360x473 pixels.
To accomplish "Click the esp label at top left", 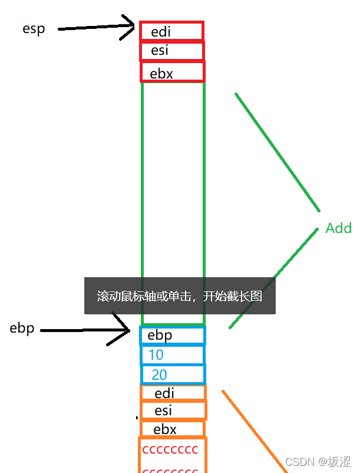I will pyautogui.click(x=34, y=29).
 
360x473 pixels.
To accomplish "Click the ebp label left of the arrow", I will pyautogui.click(x=23, y=329).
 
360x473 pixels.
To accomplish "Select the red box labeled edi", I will pyautogui.click(x=171, y=31).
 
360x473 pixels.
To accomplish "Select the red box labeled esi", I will pyautogui.click(x=171, y=51).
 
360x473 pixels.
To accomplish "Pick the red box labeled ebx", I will pyautogui.click(x=172, y=72).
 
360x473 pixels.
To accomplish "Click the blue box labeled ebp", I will pyautogui.click(x=172, y=336).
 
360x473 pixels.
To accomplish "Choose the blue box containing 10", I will pyautogui.click(x=172, y=355).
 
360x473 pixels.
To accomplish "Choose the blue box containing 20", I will pyautogui.click(x=173, y=375).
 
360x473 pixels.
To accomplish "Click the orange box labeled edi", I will pyautogui.click(x=173, y=393).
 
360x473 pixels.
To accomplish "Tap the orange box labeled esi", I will pyautogui.click(x=173, y=410).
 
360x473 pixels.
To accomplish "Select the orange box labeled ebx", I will pyautogui.click(x=173, y=429).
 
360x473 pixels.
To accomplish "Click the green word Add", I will pyautogui.click(x=338, y=228).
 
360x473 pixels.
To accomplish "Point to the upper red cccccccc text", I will pyautogui.click(x=170, y=450).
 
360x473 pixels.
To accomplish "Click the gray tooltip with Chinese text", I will pyautogui.click(x=180, y=295).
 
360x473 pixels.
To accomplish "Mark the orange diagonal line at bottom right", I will pyautogui.click(x=253, y=431).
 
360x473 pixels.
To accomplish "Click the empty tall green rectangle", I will pyautogui.click(x=173, y=177).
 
